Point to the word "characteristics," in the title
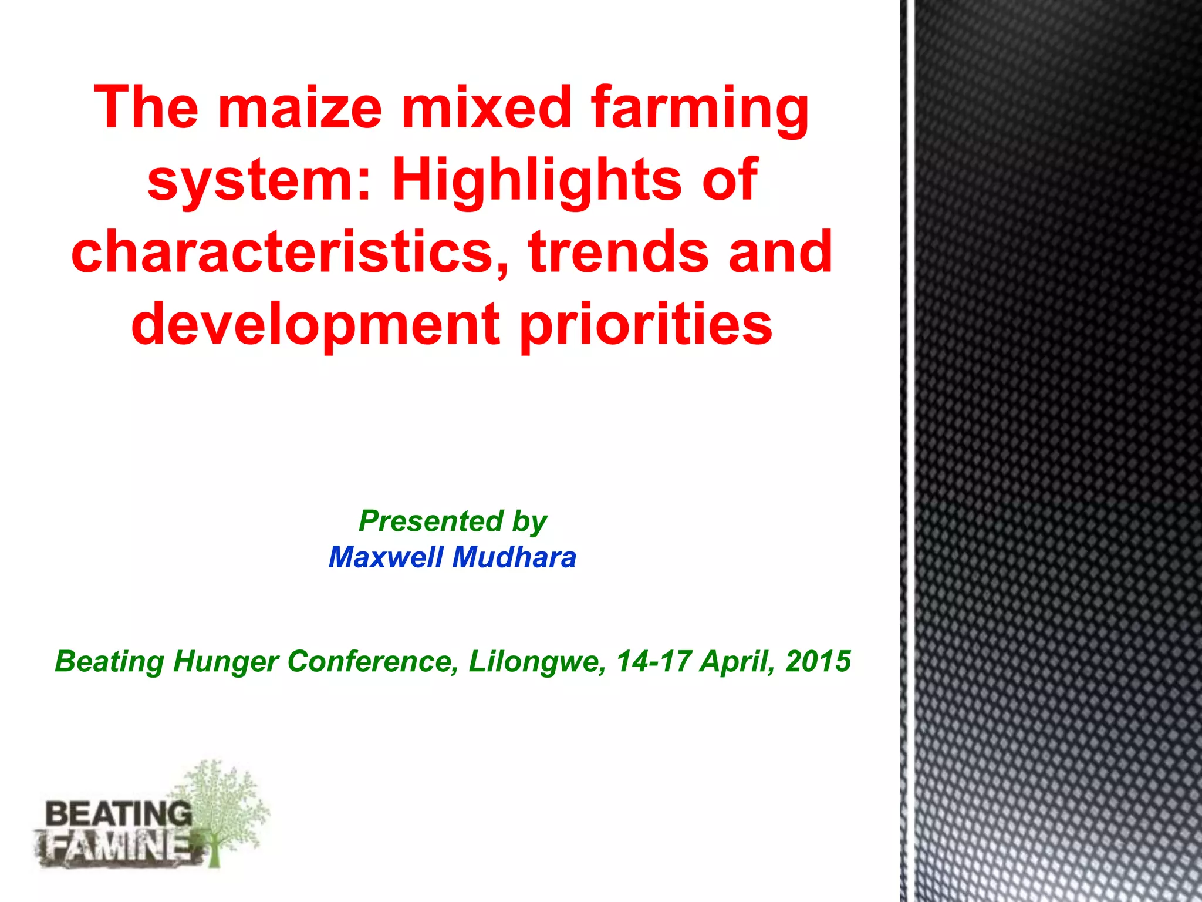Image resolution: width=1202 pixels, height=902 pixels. tap(291, 253)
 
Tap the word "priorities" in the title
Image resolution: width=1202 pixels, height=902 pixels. tap(646, 326)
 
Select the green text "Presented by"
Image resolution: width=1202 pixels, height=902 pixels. tap(453, 521)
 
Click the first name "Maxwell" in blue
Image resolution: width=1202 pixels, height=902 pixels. tap(386, 557)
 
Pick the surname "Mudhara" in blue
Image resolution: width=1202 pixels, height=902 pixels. tap(514, 557)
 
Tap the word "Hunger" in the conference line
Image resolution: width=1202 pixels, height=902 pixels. tap(225, 662)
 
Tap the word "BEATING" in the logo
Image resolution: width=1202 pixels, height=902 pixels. tap(118, 815)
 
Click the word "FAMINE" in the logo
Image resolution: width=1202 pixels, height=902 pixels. tap(117, 848)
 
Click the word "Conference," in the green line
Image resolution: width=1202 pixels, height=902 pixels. tap(373, 662)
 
